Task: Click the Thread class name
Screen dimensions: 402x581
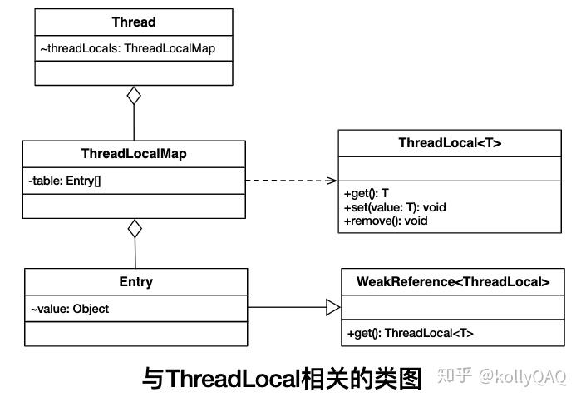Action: click(134, 22)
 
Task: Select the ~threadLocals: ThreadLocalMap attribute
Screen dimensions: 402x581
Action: click(127, 48)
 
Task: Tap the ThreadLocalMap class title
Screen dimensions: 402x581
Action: click(134, 154)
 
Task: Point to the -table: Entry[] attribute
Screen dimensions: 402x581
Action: click(65, 180)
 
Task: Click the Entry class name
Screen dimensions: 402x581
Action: click(135, 282)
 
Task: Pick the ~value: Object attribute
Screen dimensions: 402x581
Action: click(70, 309)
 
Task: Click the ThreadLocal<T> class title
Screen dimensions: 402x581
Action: click(450, 143)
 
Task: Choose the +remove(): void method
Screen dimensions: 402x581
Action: click(385, 221)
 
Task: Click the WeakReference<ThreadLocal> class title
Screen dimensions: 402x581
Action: click(453, 282)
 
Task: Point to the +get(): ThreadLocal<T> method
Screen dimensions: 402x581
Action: click(409, 333)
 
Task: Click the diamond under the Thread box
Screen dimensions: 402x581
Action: click(134, 96)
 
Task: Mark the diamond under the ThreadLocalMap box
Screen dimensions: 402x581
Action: click(135, 229)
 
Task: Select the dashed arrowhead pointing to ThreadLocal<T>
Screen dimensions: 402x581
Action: click(332, 180)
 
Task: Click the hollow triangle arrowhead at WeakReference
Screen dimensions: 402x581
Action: click(333, 308)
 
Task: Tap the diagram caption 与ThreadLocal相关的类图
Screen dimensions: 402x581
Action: click(283, 379)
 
